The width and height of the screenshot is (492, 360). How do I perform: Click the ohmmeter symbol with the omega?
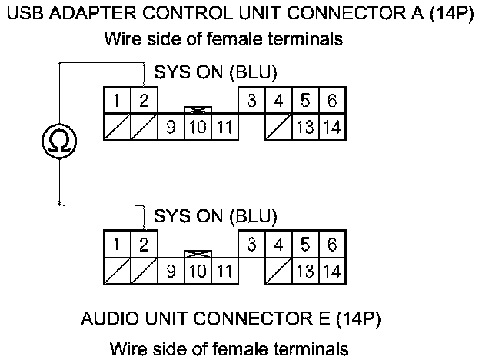pos(59,141)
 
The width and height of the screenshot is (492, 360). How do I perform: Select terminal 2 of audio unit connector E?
pos(144,245)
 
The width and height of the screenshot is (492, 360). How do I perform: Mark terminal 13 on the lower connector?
pos(304,271)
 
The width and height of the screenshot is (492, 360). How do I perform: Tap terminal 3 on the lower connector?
pos(251,245)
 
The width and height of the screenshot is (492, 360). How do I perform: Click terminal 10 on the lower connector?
pos(197,271)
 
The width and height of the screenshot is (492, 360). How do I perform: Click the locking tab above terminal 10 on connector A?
pos(197,111)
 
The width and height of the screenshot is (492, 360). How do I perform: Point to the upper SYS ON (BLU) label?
pos(216,73)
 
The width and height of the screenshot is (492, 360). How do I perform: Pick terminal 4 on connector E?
pos(278,245)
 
